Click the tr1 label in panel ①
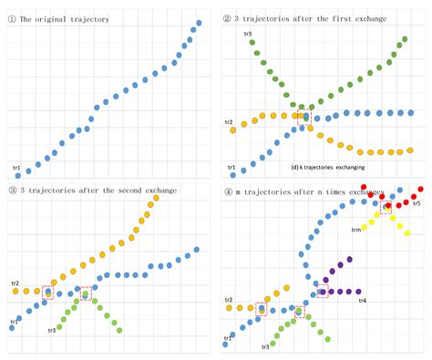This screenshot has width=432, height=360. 15,168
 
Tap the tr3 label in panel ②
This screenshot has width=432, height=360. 248,35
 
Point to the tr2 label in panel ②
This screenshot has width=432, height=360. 229,121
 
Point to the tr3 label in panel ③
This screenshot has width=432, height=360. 53,329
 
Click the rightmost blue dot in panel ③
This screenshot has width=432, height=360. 196,248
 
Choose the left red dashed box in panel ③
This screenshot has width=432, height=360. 47,293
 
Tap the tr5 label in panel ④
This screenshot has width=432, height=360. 417,203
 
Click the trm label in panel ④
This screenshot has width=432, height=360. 356,230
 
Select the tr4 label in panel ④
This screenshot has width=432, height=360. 362,300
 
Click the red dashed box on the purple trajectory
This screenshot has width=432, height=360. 320,292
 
